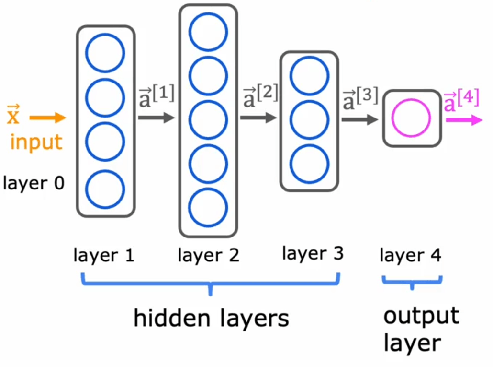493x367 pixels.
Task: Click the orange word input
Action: (x=36, y=142)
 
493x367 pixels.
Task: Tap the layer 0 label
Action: (x=34, y=183)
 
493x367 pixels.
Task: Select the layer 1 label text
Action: (x=104, y=256)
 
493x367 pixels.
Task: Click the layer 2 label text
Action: (x=208, y=256)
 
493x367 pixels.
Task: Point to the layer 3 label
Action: (x=313, y=254)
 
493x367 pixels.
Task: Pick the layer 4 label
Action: (x=411, y=256)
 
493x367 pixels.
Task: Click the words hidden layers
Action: (x=211, y=318)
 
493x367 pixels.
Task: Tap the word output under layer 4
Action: (x=421, y=317)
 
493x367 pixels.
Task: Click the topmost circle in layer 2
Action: (x=208, y=33)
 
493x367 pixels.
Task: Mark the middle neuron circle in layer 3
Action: (x=309, y=120)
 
